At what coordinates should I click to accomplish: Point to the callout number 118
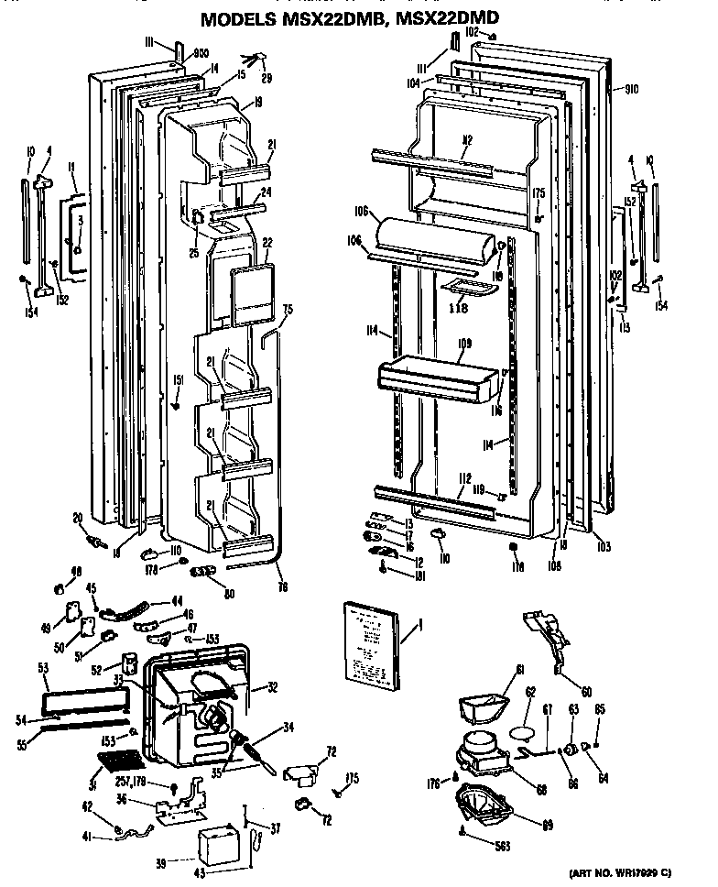[458, 309]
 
